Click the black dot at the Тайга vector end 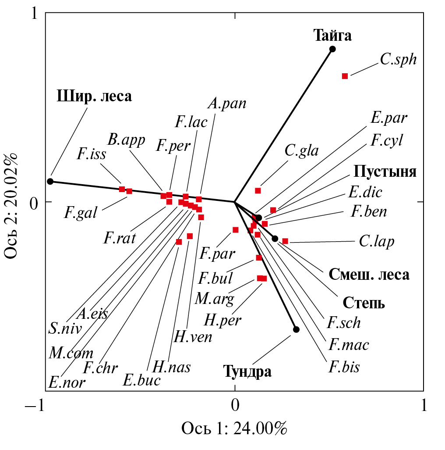pos(332,49)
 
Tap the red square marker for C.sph pos(345,76)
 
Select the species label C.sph pos(398,60)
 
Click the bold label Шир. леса pos(94,96)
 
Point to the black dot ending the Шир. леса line pos(50,181)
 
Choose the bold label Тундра pos(247,371)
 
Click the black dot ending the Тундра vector pos(296,329)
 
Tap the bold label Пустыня pos(385,171)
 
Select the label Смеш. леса pos(369,275)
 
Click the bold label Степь pos(364,303)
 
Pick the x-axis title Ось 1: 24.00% pos(234,428)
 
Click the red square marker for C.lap pos(285,241)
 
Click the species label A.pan pos(227,104)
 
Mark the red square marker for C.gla pos(258,190)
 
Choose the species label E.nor pos(67,382)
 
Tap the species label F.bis pos(344,366)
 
